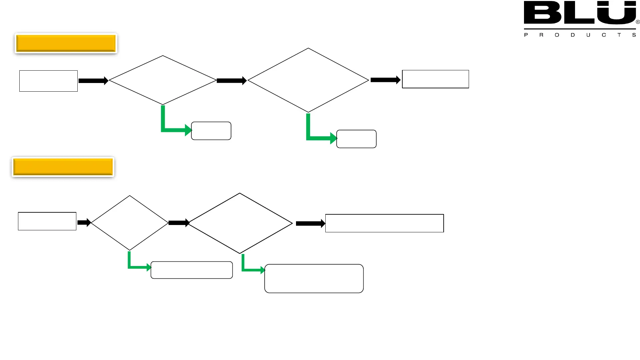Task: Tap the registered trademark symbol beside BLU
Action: (638, 22)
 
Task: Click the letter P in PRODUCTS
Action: (526, 35)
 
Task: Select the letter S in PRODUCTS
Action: (634, 35)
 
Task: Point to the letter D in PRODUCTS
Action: (573, 35)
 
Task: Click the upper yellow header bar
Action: (66, 43)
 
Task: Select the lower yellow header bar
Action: (63, 167)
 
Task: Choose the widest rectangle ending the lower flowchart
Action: (384, 223)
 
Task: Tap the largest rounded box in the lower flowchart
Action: (314, 279)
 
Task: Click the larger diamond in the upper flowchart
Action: (308, 80)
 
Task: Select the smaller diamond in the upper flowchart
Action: (163, 80)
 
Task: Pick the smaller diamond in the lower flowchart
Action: (130, 223)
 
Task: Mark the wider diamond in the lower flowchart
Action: (240, 223)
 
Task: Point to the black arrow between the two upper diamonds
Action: (231, 81)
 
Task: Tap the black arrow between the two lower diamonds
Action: (179, 223)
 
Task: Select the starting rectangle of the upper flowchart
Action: (48, 81)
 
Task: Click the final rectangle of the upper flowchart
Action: (435, 79)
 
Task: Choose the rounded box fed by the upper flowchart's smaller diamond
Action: (211, 131)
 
